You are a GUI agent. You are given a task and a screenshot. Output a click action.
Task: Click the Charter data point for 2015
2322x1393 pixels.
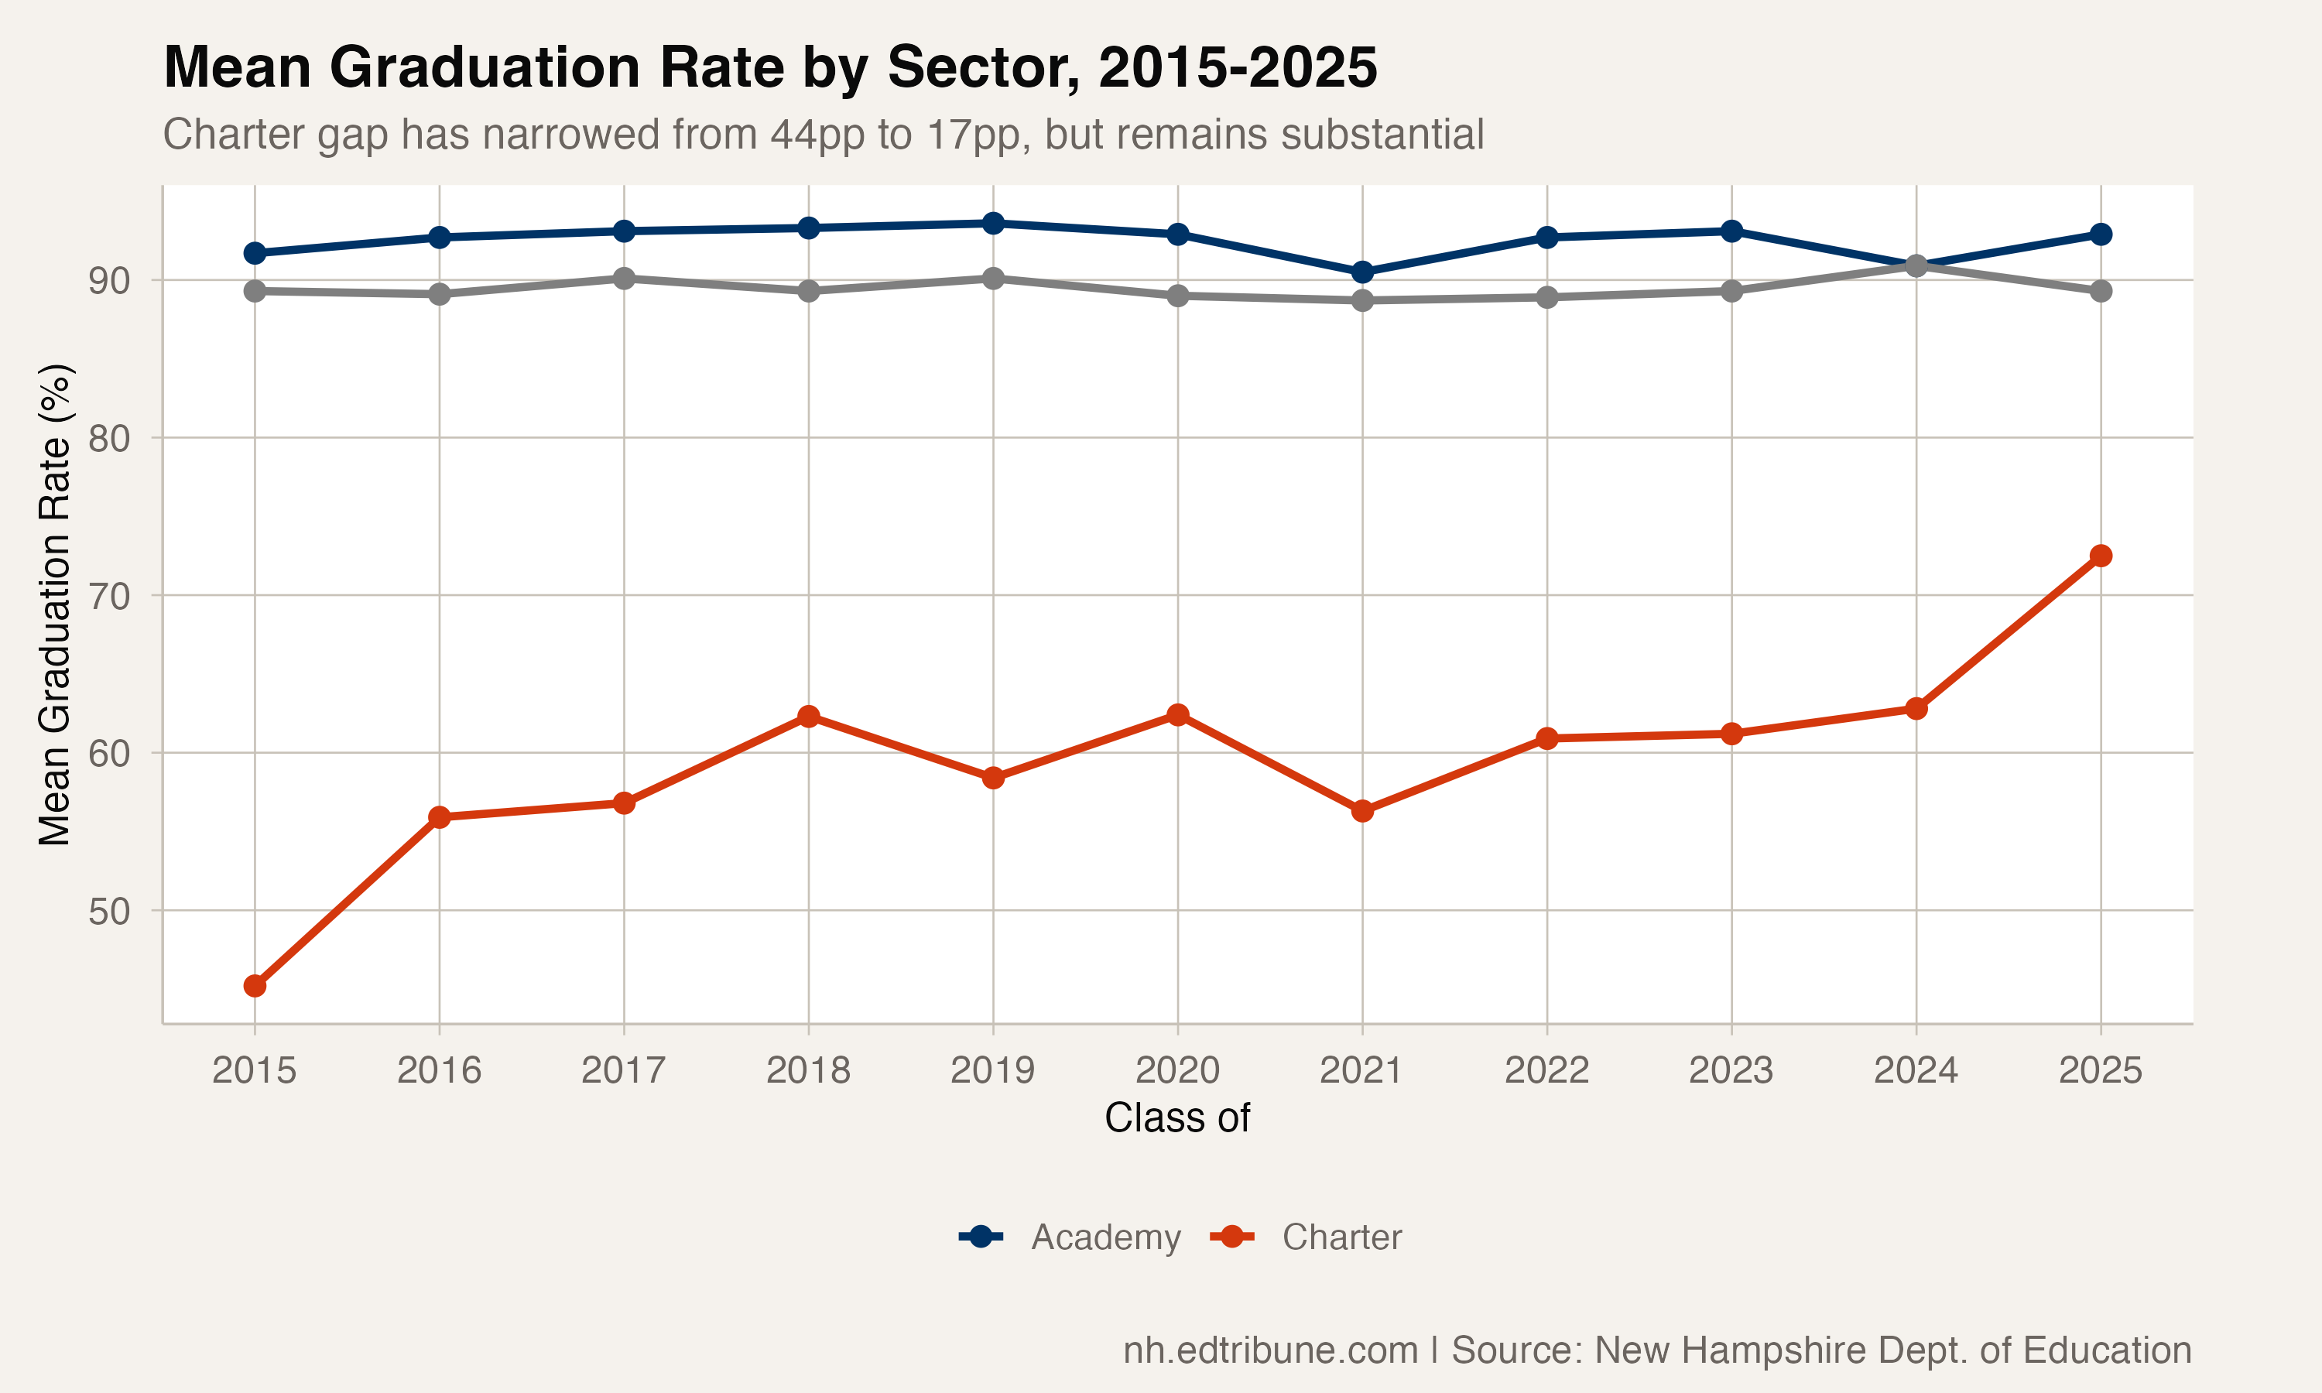click(255, 986)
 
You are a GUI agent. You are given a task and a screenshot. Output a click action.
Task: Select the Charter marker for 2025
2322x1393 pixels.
click(2101, 556)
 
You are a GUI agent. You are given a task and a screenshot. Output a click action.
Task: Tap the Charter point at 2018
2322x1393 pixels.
click(808, 716)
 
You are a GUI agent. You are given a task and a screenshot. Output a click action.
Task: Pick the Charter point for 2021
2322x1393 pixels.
click(1361, 810)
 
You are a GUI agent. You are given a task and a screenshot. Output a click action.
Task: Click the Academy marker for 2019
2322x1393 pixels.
click(993, 224)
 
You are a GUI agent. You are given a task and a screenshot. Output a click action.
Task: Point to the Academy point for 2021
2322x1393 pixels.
click(1361, 272)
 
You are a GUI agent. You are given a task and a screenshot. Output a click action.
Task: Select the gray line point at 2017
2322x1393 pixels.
click(624, 279)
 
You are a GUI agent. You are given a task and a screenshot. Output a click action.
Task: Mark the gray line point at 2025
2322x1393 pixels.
click(2101, 291)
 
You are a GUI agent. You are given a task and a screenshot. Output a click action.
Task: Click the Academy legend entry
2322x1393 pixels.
click(1070, 1237)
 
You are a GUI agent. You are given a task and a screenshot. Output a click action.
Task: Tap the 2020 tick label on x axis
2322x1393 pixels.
click(1177, 1070)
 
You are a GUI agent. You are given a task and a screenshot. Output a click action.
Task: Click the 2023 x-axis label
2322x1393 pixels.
click(1731, 1070)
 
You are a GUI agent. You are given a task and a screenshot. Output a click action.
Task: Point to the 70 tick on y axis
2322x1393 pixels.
click(109, 596)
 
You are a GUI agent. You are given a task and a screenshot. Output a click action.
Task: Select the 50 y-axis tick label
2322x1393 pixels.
click(109, 912)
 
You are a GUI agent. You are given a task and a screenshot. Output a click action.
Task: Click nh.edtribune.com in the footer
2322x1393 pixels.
click(1270, 1350)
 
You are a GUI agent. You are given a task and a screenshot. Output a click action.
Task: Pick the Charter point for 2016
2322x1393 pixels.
click(440, 816)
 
